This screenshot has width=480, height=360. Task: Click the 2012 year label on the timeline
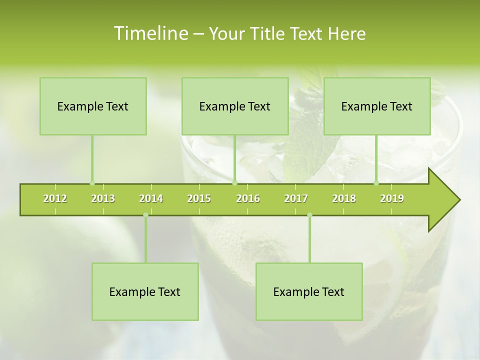click(55, 198)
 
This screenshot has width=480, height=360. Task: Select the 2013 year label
click(103, 198)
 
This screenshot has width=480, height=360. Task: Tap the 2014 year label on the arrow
click(151, 198)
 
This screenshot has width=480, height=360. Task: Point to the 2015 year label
click(199, 198)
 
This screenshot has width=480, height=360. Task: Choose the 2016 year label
click(248, 198)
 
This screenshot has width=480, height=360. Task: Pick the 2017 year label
click(296, 198)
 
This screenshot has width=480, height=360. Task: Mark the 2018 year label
click(344, 198)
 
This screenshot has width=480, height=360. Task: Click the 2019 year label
click(392, 198)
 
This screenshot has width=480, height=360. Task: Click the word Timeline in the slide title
click(150, 33)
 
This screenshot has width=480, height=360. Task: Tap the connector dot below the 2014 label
click(145, 215)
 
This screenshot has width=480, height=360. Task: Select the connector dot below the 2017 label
click(309, 215)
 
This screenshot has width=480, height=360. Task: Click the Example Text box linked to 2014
click(145, 292)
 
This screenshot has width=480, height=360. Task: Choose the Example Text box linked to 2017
click(309, 292)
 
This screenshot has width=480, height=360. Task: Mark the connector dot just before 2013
click(92, 183)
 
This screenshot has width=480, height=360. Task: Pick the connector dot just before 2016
click(234, 183)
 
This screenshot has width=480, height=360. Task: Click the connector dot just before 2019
click(376, 183)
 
